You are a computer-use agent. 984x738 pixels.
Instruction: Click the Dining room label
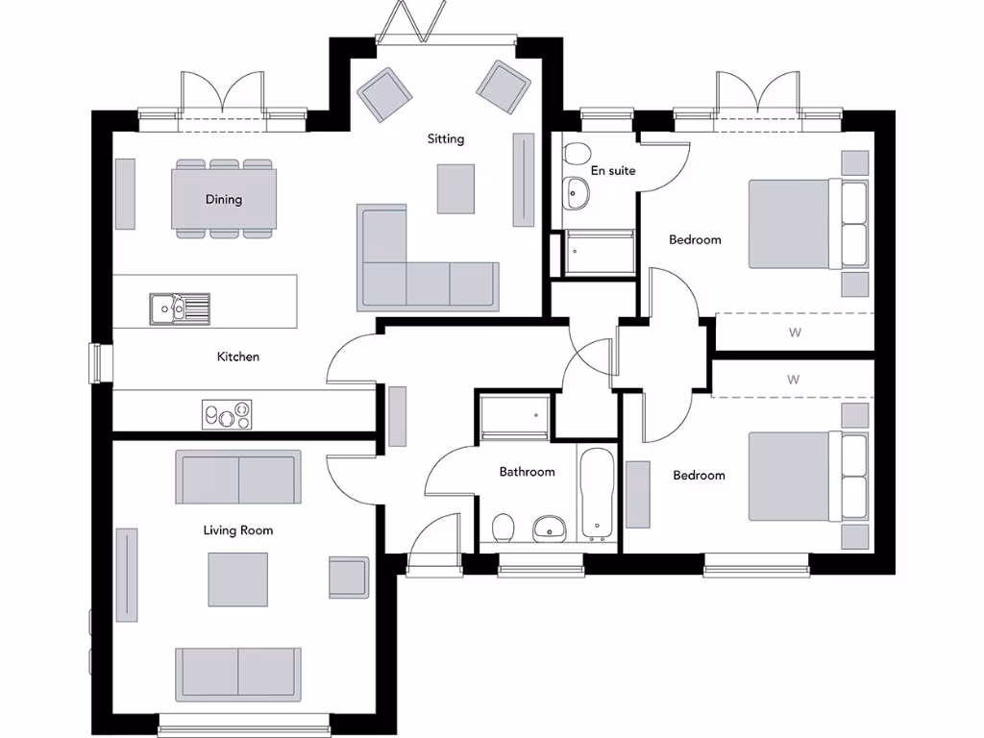coord(223,200)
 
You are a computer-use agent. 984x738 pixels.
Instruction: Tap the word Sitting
coord(446,139)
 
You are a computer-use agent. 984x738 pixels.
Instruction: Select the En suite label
coord(613,171)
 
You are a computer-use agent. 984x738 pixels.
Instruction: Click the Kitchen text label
coord(237,357)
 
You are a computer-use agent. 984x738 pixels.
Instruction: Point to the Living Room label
coord(237,529)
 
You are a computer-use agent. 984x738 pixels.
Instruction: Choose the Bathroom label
coord(527,472)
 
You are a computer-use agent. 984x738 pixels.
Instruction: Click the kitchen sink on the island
coord(179,308)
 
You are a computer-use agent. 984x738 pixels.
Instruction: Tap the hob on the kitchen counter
coord(227,415)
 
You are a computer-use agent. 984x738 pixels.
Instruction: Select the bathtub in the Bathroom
coord(596,492)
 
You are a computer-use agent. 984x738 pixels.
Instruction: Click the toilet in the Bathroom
coord(503,527)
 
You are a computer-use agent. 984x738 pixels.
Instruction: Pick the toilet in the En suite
coord(578,155)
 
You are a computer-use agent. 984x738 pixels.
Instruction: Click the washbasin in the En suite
coord(577,192)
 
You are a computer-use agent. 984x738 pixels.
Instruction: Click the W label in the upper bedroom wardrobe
coord(795,333)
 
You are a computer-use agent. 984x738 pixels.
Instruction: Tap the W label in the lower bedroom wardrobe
coord(793,380)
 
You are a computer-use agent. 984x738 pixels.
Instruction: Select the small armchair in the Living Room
coord(348,577)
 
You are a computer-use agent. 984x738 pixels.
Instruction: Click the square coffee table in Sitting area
coord(455,188)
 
